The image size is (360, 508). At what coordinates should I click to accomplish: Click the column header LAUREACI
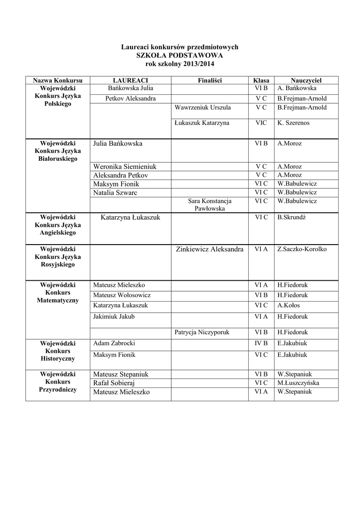point(131,80)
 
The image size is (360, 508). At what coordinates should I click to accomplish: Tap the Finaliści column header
point(209,80)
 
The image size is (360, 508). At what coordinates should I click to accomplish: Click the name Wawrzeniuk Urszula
point(202,107)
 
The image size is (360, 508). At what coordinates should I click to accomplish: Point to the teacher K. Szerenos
point(293,123)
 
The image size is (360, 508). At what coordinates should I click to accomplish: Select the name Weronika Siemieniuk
point(125,167)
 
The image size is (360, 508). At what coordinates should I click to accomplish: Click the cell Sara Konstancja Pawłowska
point(210,205)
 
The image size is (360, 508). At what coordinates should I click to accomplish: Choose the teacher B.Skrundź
point(292,217)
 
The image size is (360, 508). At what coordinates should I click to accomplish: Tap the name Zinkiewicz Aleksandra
point(210,249)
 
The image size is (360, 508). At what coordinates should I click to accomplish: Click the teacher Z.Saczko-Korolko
point(302,249)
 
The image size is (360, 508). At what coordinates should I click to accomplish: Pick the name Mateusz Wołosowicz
point(122,295)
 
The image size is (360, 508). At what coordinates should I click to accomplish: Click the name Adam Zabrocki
point(114,343)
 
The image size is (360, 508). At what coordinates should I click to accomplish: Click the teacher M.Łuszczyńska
point(298,383)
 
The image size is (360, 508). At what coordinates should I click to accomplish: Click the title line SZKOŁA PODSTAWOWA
point(180,56)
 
